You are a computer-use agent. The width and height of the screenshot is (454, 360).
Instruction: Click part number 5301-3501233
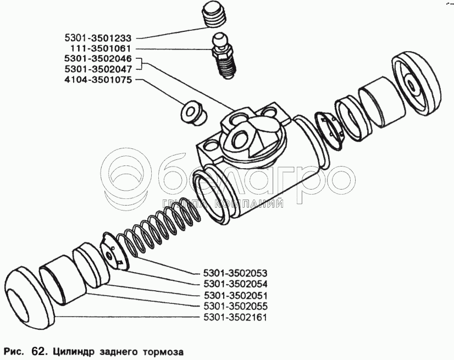click(x=98, y=38)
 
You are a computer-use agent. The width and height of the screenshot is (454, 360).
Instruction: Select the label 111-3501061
click(x=101, y=48)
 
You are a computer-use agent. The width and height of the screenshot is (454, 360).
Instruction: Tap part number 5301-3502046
click(x=98, y=59)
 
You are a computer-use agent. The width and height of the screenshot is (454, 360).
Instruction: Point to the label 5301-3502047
click(x=98, y=69)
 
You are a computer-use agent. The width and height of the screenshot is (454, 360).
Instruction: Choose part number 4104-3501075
click(x=98, y=80)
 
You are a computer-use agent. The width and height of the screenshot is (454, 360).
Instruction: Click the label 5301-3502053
click(x=235, y=273)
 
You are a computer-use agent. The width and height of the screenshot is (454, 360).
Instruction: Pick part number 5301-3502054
click(x=235, y=284)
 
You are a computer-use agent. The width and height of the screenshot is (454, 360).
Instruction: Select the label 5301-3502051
click(x=235, y=295)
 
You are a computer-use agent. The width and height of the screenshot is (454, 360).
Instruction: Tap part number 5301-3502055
click(x=235, y=306)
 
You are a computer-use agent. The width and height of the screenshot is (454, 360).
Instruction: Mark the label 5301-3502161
click(x=235, y=318)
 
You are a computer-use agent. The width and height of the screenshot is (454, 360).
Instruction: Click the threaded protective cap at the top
click(x=214, y=14)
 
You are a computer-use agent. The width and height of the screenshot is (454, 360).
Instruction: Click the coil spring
click(x=159, y=225)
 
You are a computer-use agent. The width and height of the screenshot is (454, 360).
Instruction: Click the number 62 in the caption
click(x=37, y=352)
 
